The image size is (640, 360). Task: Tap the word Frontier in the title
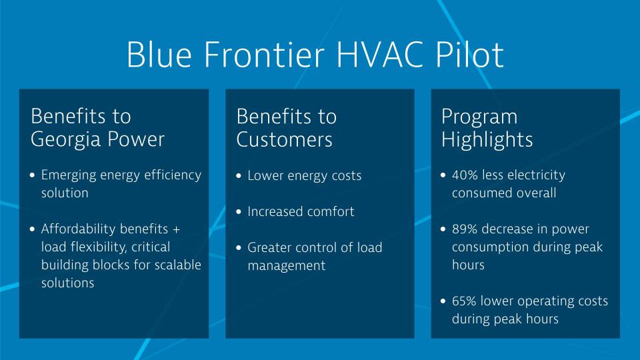pos(255,55)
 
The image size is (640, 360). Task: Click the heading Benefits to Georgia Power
pos(97,127)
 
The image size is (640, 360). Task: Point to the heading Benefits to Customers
pos(287,127)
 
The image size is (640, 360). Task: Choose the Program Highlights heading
pos(487,127)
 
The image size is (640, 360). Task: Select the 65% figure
pos(465,301)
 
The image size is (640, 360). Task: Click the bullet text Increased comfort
pos(301,212)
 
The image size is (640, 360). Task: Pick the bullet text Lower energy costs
pos(304,176)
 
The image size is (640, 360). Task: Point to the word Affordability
pos(79,229)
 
